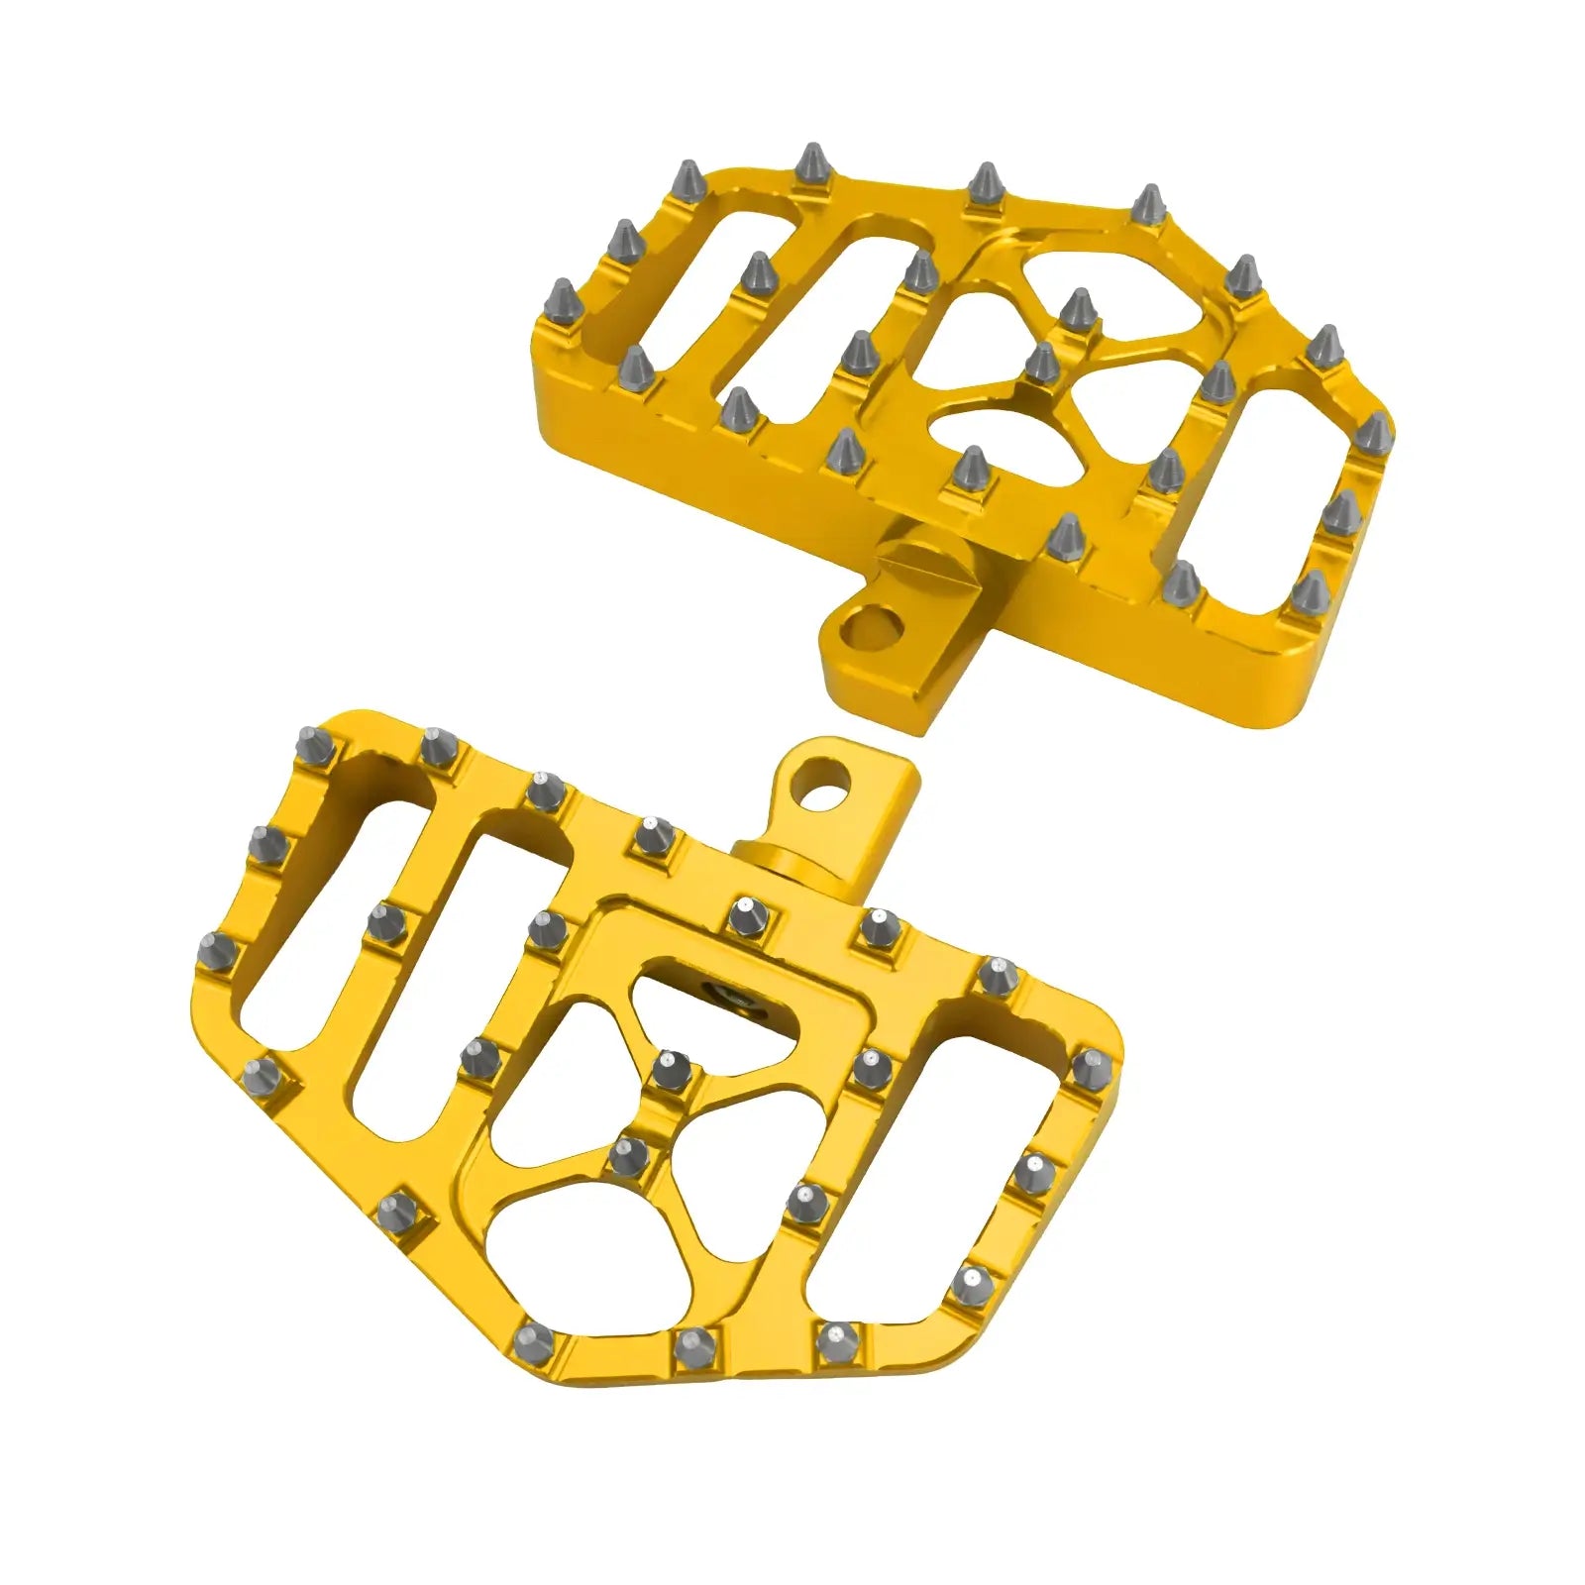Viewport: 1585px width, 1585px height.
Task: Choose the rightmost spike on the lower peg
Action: [x=1091, y=1067]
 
